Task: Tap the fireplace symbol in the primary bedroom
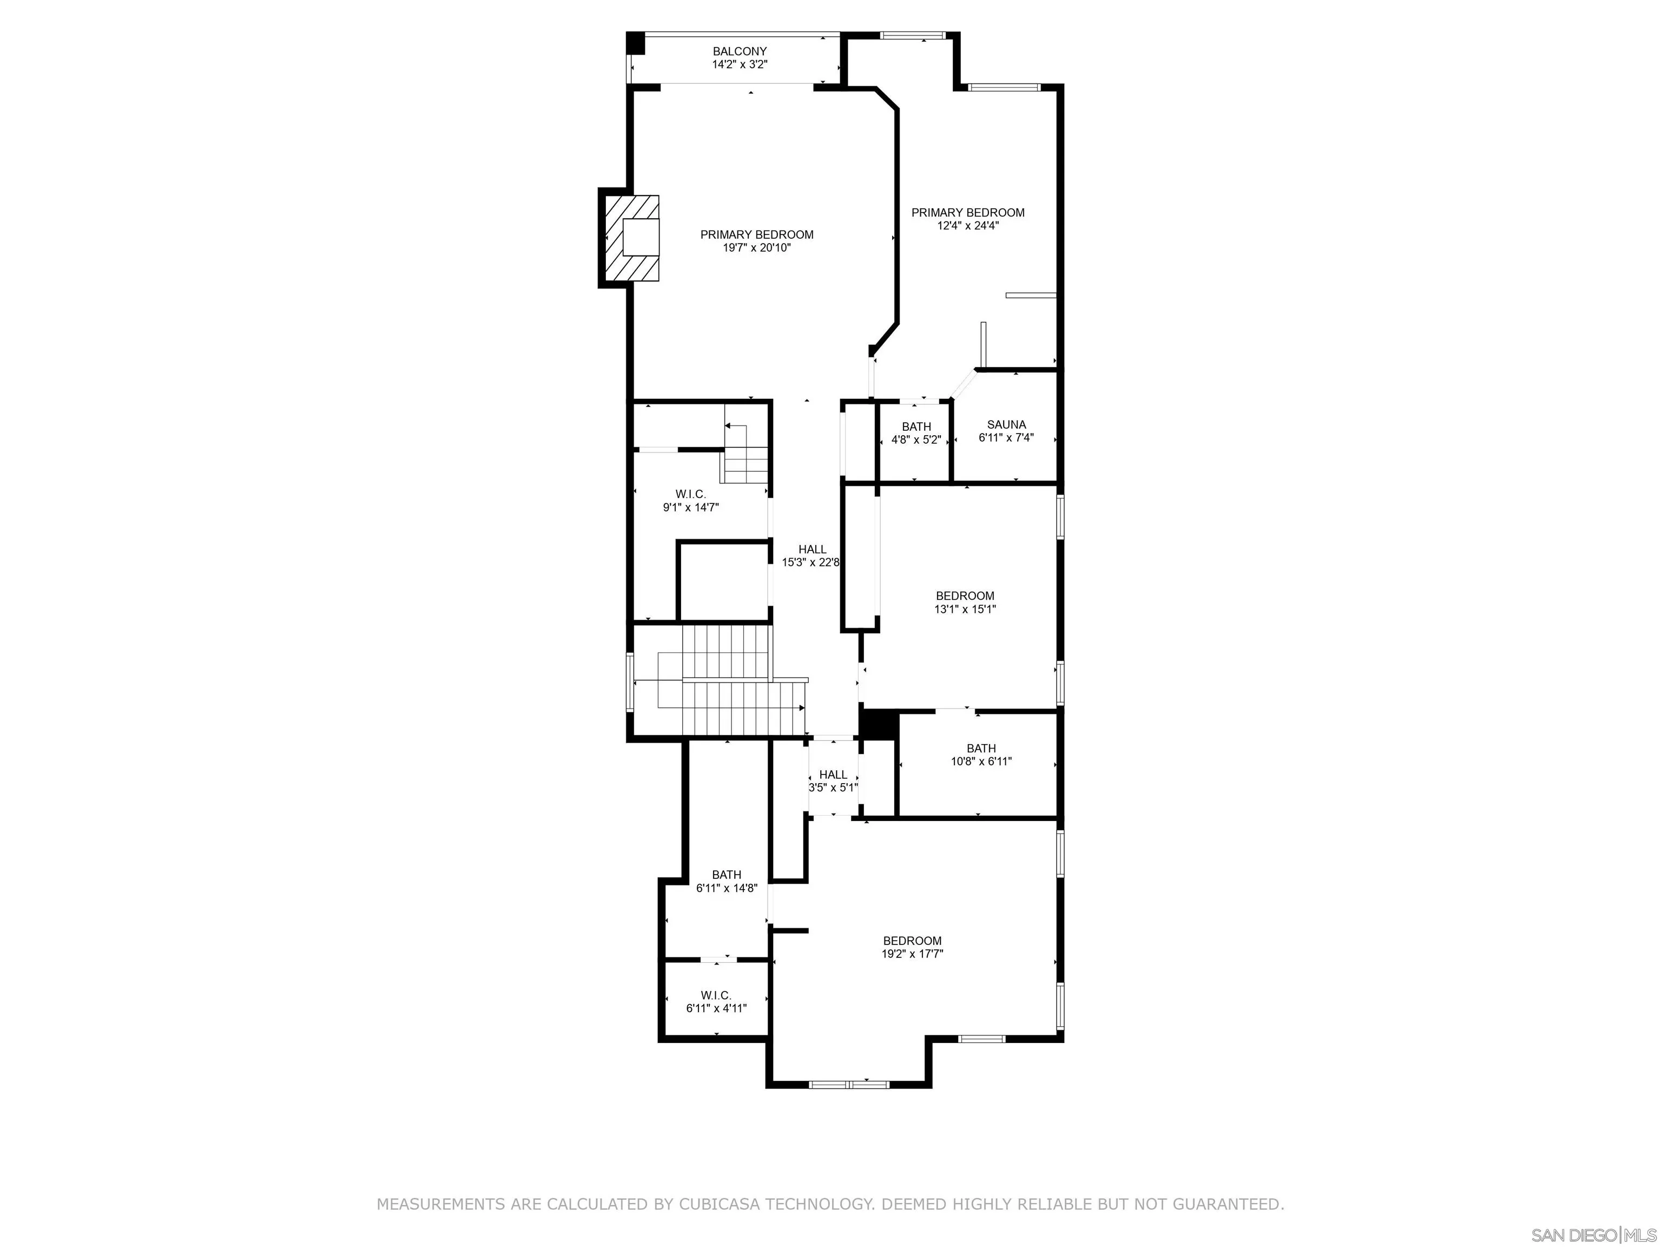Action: click(x=632, y=238)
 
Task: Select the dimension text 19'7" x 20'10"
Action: click(x=757, y=247)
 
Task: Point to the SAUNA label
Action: click(x=1006, y=425)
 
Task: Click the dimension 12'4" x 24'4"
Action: click(x=968, y=226)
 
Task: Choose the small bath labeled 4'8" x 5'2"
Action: click(x=916, y=434)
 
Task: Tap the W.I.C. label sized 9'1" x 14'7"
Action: click(x=690, y=494)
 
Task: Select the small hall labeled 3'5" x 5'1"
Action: click(x=833, y=780)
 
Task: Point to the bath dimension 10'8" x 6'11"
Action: click(x=981, y=762)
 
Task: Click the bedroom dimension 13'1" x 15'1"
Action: click(x=965, y=609)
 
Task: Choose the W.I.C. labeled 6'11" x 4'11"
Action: click(x=716, y=1001)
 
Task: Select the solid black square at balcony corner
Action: click(x=636, y=43)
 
